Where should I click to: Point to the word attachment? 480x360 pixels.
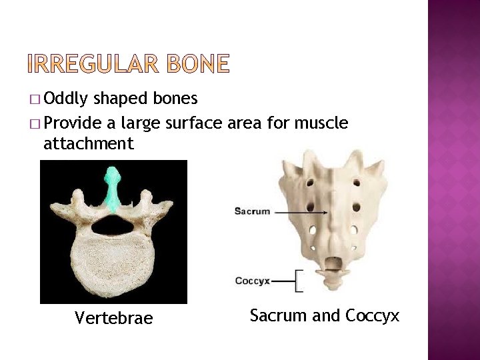coord(89,143)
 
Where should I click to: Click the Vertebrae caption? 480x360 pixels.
coord(113,319)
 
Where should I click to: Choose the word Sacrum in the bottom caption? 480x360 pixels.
coord(279,315)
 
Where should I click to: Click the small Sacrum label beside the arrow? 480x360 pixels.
coord(252,211)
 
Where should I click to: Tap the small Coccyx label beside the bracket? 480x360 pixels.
coord(252,281)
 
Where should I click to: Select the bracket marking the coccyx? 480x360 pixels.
coord(298,281)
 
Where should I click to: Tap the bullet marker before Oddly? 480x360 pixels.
coord(35,100)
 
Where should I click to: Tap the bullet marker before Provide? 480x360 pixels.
coord(35,123)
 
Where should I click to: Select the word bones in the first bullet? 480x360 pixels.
coord(175,99)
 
